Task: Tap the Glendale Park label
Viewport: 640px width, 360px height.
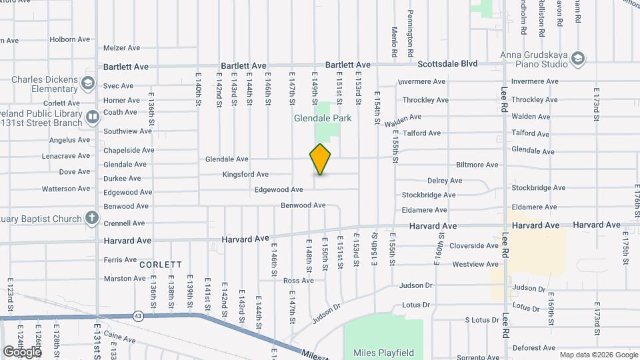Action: (x=323, y=118)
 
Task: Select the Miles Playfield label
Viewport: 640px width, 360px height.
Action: (x=383, y=353)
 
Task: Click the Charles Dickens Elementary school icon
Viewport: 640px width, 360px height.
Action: (x=88, y=83)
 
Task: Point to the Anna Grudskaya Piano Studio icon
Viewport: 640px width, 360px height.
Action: (x=578, y=59)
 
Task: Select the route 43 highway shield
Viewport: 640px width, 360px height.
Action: (x=138, y=315)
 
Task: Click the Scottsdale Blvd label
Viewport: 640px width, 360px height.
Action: (x=447, y=64)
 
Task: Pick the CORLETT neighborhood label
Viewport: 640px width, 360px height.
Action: (x=161, y=265)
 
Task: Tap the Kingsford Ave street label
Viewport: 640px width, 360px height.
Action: (x=246, y=175)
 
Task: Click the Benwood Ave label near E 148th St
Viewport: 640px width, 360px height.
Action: (x=303, y=205)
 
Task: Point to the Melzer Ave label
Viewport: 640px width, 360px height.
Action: (x=121, y=48)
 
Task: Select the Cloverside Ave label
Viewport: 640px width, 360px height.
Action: (x=473, y=245)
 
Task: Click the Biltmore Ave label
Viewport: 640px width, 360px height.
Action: (x=477, y=165)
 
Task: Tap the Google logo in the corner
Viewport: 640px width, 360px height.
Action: (x=22, y=351)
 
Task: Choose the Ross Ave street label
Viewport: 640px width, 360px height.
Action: (x=298, y=281)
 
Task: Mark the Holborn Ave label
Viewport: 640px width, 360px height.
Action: (x=69, y=39)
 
